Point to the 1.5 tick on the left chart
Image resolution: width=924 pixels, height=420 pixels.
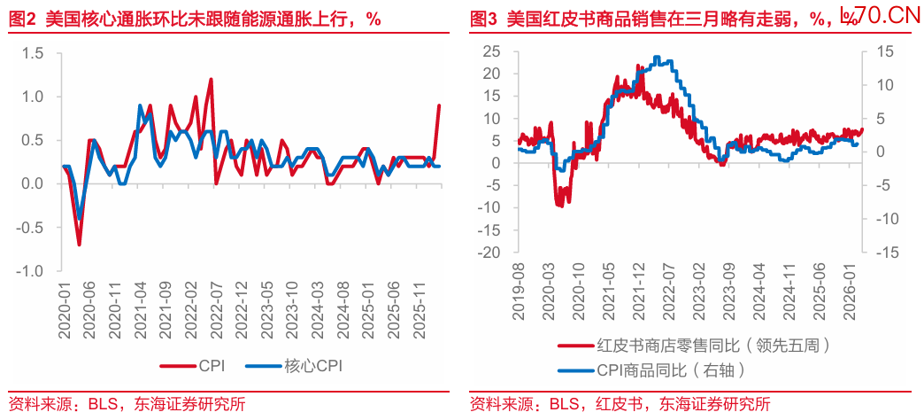pos(33,53)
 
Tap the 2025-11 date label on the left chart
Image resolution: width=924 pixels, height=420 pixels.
pos(423,307)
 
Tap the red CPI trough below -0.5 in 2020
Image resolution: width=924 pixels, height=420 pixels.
pos(79,245)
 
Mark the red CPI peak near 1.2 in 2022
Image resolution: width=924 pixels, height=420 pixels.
pos(211,79)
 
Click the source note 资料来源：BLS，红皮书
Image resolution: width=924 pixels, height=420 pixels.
pos(620,405)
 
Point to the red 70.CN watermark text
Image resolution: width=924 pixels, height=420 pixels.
pos(885,15)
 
